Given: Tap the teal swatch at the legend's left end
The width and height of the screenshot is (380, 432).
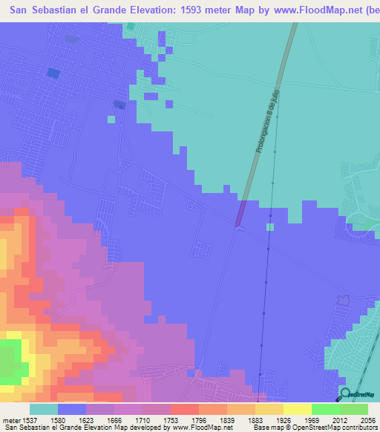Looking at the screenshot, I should coord(43,409).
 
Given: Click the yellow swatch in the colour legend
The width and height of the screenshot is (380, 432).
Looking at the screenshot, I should coord(297,409).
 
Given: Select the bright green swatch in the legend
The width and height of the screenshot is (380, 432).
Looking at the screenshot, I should coord(325,409).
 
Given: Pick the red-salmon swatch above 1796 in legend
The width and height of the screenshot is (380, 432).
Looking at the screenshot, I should coord(184,409).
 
